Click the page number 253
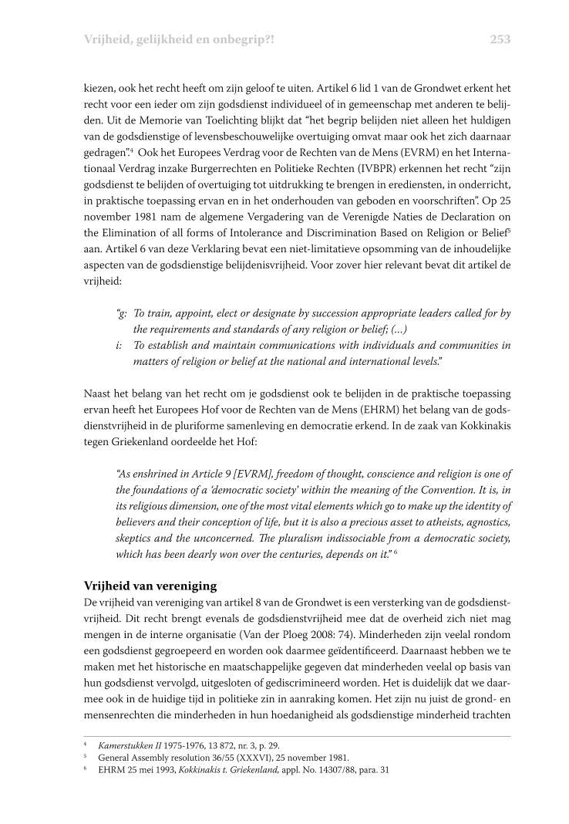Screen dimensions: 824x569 pos(500,39)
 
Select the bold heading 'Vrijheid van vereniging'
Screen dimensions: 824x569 pos(150,586)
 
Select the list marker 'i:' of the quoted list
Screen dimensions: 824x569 pos(120,346)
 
